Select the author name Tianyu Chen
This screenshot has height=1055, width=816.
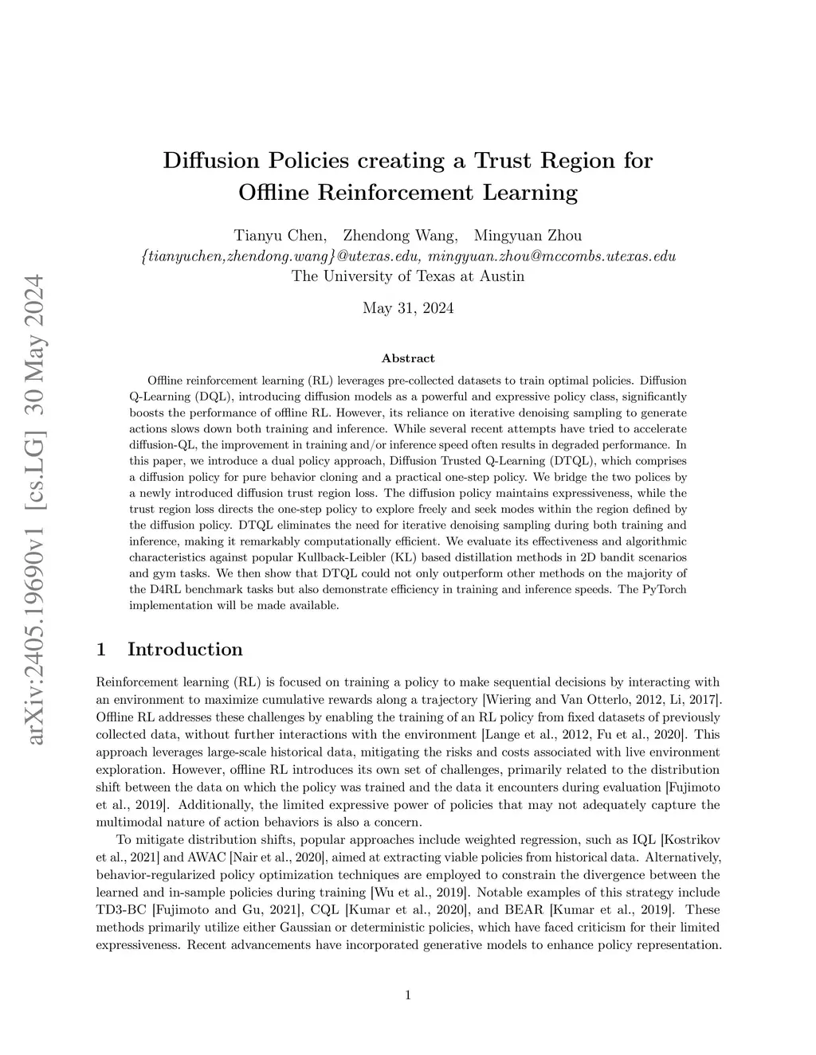click(x=279, y=236)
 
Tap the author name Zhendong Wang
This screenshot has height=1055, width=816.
click(x=399, y=236)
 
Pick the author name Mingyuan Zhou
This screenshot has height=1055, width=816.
click(x=528, y=236)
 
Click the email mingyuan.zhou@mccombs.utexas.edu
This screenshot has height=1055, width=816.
click(x=552, y=256)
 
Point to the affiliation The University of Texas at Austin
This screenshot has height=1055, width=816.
click(x=408, y=276)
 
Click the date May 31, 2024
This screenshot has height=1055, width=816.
click(x=408, y=308)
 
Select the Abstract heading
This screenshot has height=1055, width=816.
click(x=408, y=358)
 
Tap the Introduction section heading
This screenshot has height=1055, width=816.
click(x=185, y=650)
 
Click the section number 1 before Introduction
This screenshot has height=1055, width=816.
click(x=101, y=650)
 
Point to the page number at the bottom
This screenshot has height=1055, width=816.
click(x=408, y=994)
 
